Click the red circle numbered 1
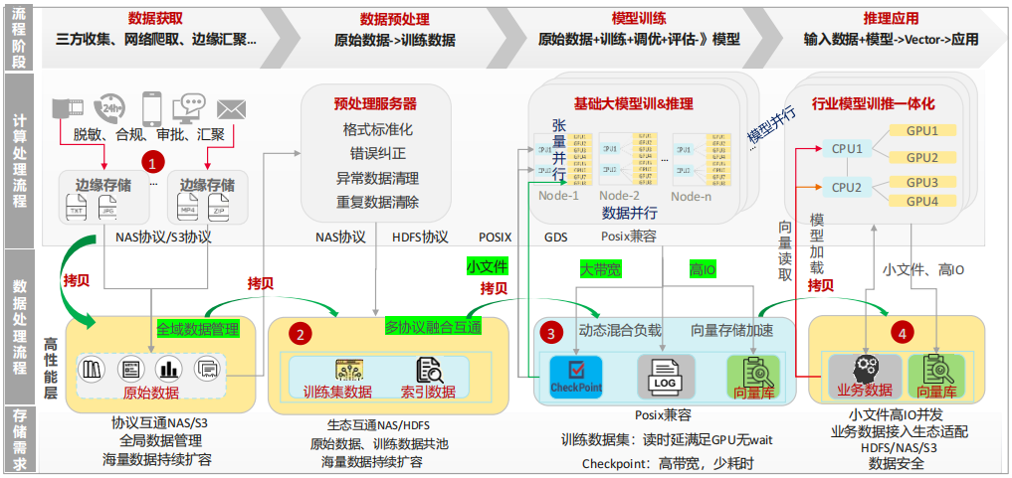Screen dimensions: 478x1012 tap(152, 160)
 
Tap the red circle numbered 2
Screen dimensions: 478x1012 tap(300, 335)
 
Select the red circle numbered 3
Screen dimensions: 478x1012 tap(553, 334)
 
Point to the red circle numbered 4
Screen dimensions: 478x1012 tap(902, 334)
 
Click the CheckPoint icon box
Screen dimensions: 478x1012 tap(576, 378)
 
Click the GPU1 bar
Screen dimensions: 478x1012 tap(921, 131)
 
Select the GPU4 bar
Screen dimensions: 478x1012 tap(921, 202)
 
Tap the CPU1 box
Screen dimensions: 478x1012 tap(847, 148)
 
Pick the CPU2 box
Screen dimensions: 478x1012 tap(847, 187)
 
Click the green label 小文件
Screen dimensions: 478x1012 tap(488, 266)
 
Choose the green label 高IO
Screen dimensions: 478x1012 tap(703, 268)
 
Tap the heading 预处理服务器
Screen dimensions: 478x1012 tap(375, 103)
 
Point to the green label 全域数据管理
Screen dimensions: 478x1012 tap(198, 328)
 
